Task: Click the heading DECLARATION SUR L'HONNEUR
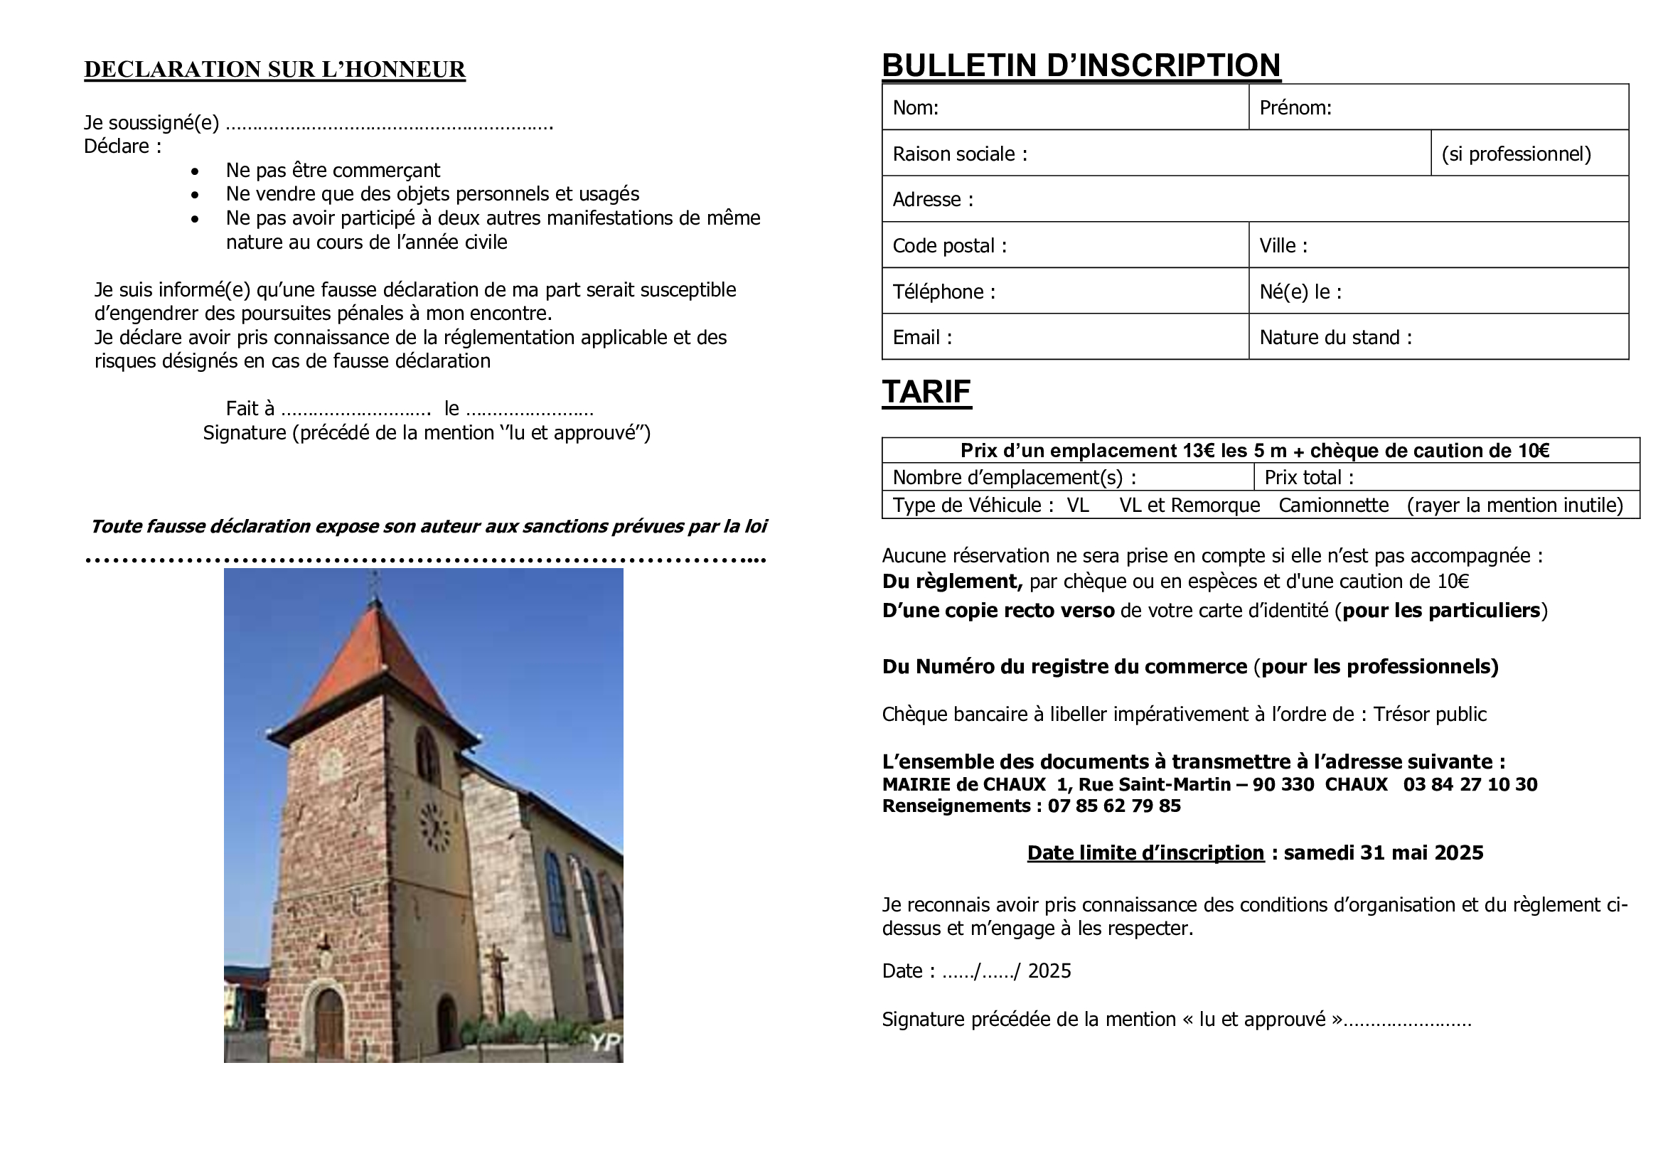274,70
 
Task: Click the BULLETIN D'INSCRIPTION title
1081,65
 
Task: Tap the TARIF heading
926,392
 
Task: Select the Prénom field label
1295,108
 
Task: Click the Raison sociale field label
960,154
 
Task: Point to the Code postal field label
950,246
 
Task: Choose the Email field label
922,338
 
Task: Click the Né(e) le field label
1300,292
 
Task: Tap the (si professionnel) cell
1516,154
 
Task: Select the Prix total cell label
1309,478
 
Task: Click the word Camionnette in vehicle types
1333,506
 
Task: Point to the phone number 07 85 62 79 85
1114,806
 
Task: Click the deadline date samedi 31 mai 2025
1384,853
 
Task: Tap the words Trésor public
1430,715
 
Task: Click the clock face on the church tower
434,827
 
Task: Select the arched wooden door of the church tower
329,1025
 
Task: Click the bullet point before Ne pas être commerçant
195,171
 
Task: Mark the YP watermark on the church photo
605,1042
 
